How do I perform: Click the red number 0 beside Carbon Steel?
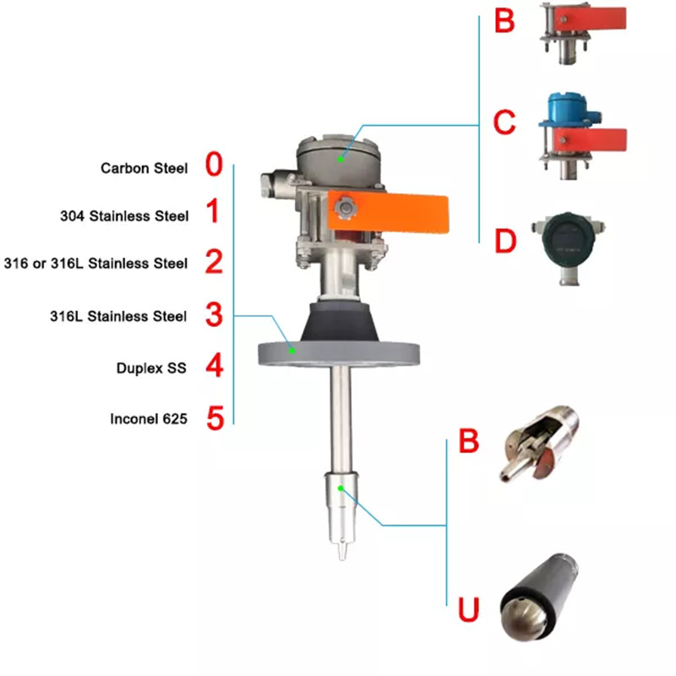click(x=214, y=166)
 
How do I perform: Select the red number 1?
click(x=213, y=214)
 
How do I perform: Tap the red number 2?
click(x=214, y=262)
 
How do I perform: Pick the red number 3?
click(x=214, y=315)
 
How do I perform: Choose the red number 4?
click(x=215, y=367)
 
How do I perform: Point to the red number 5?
click(x=215, y=417)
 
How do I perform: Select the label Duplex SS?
click(x=150, y=368)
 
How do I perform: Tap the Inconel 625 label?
click(x=148, y=418)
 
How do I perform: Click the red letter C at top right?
click(x=504, y=123)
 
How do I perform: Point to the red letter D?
click(x=505, y=242)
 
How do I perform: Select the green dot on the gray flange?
click(x=293, y=349)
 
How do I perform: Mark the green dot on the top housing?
click(x=340, y=158)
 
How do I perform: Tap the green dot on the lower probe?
click(x=341, y=488)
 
